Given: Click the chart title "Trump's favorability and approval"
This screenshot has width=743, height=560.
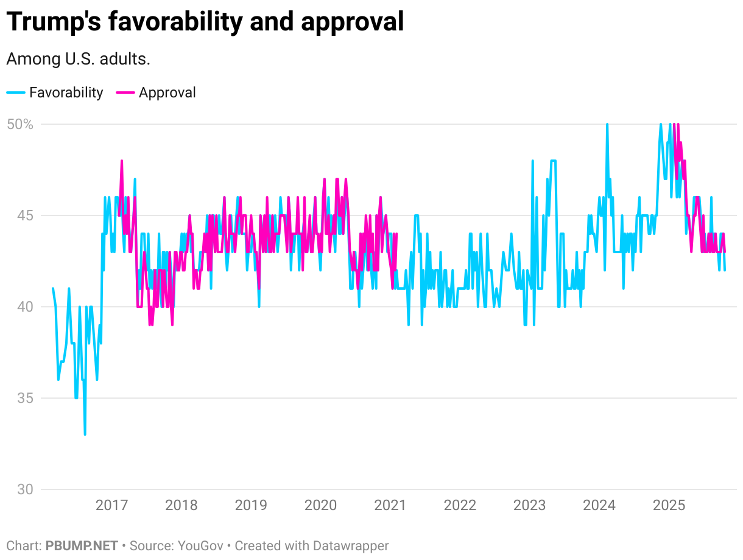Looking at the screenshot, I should click(x=205, y=23).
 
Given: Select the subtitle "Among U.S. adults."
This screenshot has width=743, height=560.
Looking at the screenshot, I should click(x=78, y=59).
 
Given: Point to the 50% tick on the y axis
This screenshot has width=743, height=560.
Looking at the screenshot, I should click(x=19, y=124).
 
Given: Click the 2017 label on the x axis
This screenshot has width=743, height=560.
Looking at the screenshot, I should click(x=112, y=505).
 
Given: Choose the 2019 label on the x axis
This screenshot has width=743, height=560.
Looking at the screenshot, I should click(x=251, y=505).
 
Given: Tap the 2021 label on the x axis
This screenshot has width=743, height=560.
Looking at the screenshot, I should click(x=390, y=505).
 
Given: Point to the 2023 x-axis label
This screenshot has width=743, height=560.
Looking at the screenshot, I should click(x=530, y=505).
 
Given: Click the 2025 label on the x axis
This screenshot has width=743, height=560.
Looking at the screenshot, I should click(x=669, y=505).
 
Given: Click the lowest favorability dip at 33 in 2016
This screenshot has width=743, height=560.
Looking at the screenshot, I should click(x=85, y=434).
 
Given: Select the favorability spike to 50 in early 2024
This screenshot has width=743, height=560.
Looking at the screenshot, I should click(x=607, y=125).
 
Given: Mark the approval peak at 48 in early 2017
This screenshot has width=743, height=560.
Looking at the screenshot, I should click(x=122, y=161).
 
